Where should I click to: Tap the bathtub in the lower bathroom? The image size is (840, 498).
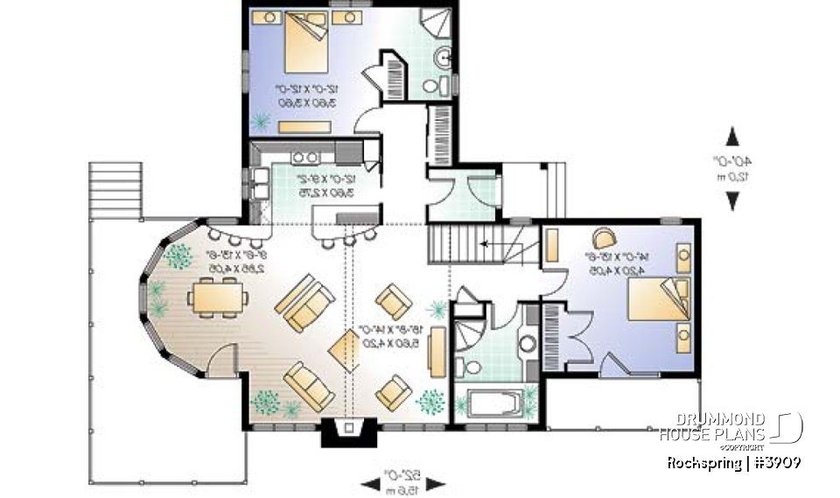pyautogui.click(x=493, y=406)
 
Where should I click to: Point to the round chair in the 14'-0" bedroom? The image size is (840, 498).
pyautogui.click(x=604, y=238)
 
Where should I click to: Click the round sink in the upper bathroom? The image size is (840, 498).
pyautogui.click(x=444, y=59)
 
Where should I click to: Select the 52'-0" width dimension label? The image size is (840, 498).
pyautogui.click(x=403, y=480)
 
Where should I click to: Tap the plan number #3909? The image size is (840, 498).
pyautogui.click(x=773, y=462)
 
